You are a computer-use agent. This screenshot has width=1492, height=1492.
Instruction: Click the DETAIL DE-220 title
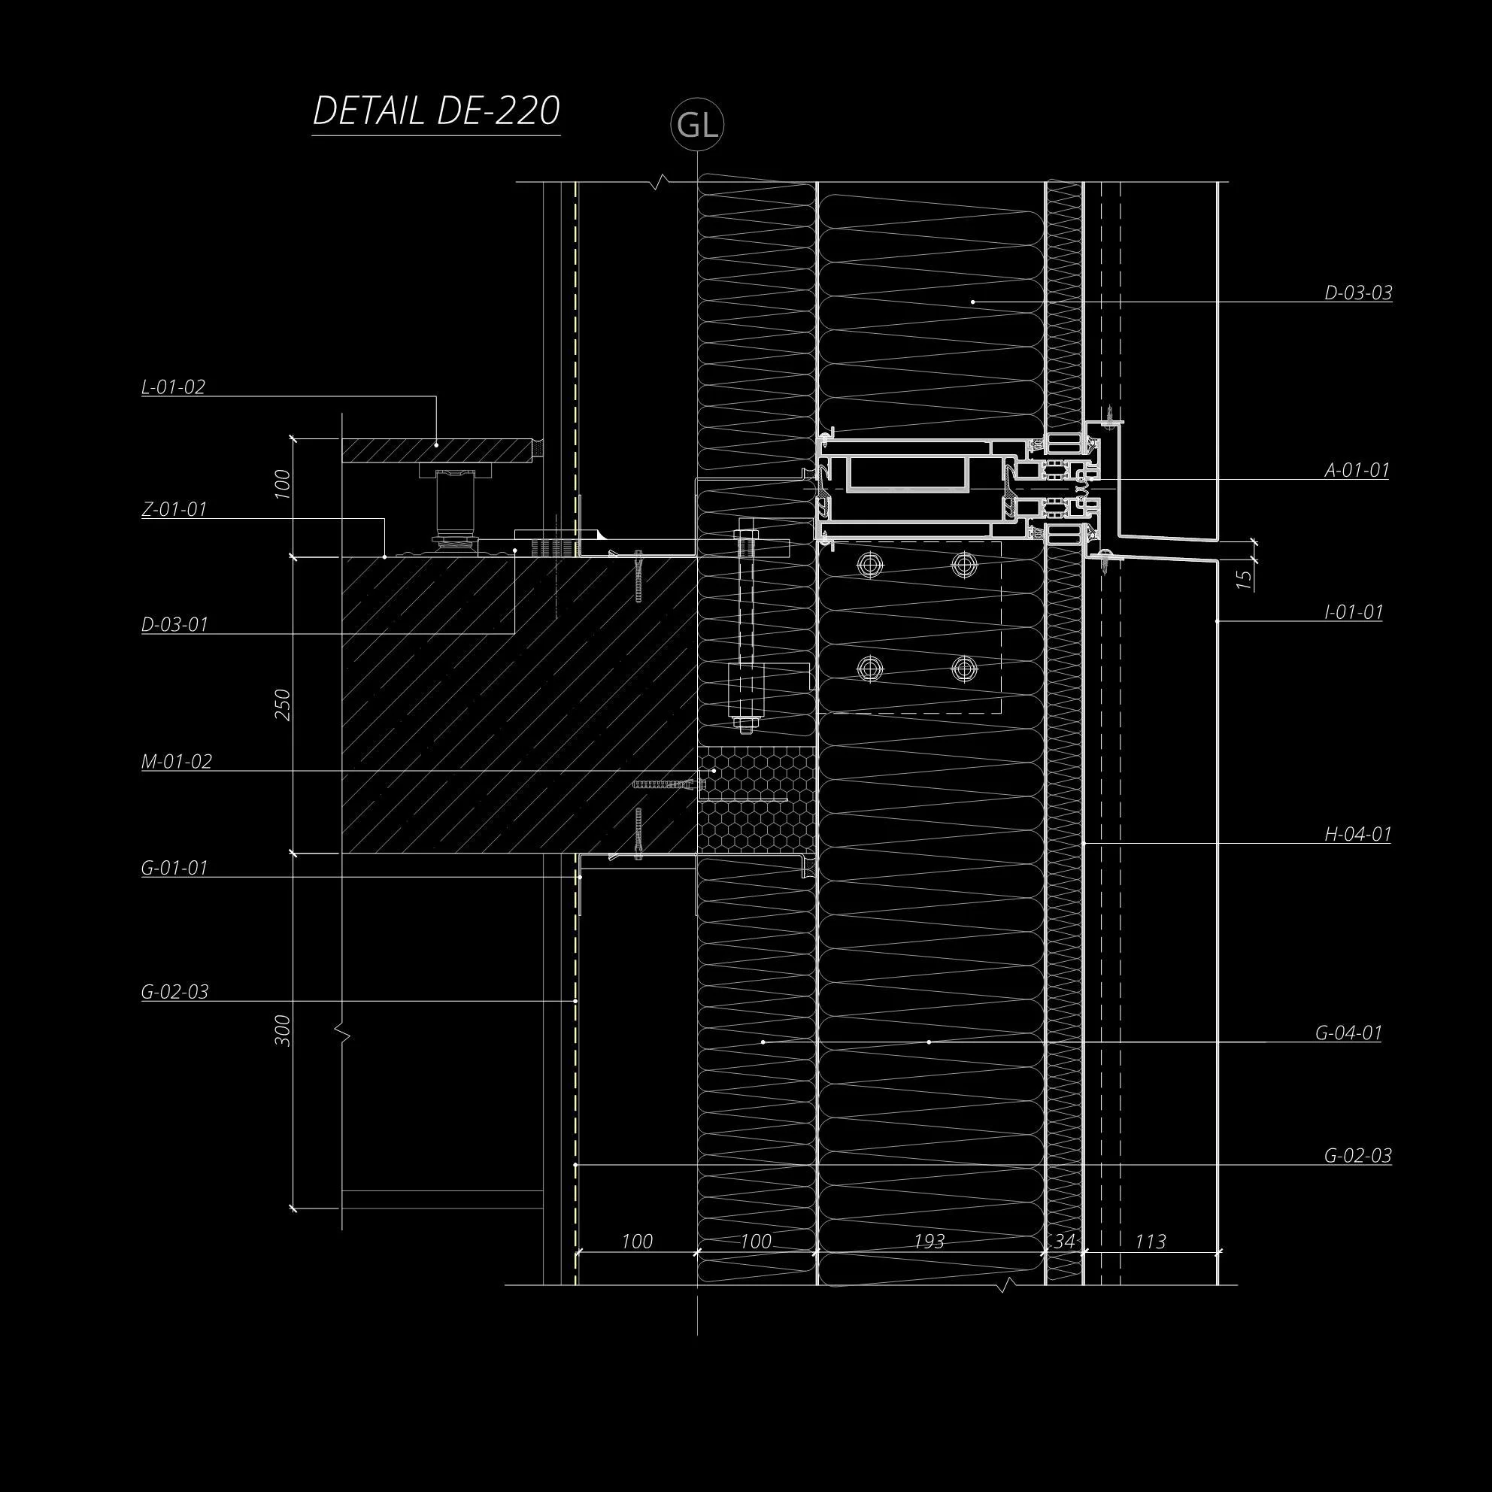435,112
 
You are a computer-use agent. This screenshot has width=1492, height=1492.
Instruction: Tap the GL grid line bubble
697,125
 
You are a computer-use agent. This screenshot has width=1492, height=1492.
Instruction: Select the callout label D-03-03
1357,293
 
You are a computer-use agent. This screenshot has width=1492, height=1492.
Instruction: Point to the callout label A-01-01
1357,469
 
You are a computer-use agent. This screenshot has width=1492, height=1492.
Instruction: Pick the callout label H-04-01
1357,834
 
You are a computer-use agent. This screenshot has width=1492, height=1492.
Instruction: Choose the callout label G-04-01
1348,1033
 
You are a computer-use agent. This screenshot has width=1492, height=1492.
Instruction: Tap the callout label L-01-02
173,387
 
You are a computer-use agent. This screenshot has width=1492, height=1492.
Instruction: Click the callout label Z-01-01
174,510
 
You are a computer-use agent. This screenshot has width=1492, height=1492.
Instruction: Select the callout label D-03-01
174,624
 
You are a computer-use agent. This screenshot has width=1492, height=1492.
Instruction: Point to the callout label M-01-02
176,762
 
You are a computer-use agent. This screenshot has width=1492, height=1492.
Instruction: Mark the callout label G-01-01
174,868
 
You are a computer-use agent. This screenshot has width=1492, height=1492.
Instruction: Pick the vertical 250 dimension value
283,705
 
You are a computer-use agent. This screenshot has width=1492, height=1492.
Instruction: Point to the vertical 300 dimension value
283,1030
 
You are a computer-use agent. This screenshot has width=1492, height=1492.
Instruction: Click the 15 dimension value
1243,579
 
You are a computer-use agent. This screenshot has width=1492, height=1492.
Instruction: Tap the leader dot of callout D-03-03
973,301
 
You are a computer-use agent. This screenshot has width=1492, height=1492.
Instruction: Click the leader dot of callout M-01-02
714,771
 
